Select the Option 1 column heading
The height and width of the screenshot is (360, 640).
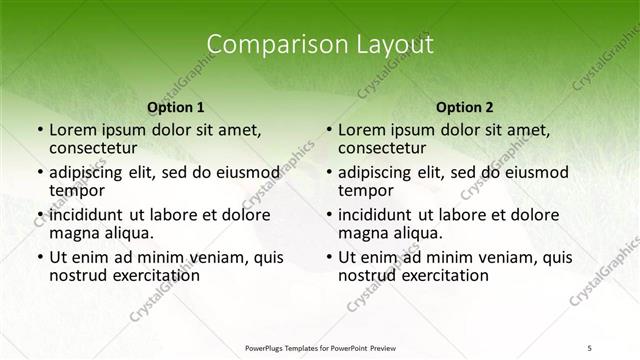point(175,106)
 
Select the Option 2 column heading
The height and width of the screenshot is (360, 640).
point(464,106)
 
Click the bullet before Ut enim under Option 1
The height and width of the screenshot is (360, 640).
point(39,257)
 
